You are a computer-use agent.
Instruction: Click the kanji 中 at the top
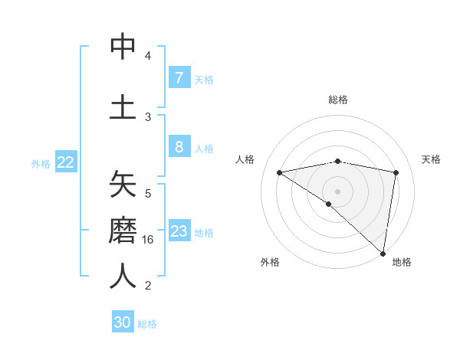click(123, 47)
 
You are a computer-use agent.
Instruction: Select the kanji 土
click(123, 107)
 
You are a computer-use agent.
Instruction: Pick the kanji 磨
click(123, 230)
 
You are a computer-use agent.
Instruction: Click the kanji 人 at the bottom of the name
click(123, 276)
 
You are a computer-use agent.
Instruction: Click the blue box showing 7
click(179, 77)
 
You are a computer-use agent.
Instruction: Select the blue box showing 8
click(179, 147)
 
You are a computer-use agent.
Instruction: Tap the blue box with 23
click(179, 231)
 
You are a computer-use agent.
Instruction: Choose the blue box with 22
click(66, 162)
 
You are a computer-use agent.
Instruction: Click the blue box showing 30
click(123, 322)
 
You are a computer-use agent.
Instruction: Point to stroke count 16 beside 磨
click(149, 240)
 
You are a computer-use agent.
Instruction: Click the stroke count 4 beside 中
click(148, 56)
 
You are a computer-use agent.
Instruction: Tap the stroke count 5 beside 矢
click(148, 194)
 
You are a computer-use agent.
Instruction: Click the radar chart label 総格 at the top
click(337, 100)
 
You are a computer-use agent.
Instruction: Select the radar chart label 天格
click(432, 159)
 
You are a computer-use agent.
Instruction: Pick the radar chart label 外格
click(270, 262)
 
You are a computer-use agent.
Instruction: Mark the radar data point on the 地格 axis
click(383, 253)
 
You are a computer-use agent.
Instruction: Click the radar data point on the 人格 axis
click(280, 172)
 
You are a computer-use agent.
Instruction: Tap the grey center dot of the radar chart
click(337, 191)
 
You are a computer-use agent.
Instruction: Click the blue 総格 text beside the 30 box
click(147, 324)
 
